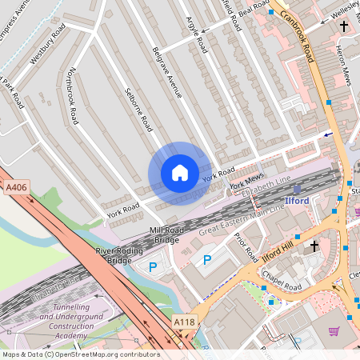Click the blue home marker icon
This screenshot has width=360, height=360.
pyautogui.click(x=179, y=173)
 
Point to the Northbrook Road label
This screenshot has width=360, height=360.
pyautogui.click(x=74, y=95)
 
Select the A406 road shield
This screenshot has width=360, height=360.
pyautogui.click(x=14, y=187)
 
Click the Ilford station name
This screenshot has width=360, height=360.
pyautogui.click(x=298, y=200)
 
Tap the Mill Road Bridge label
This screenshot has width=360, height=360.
pyautogui.click(x=166, y=234)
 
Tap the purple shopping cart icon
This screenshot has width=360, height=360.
pyautogui.click(x=334, y=331)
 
